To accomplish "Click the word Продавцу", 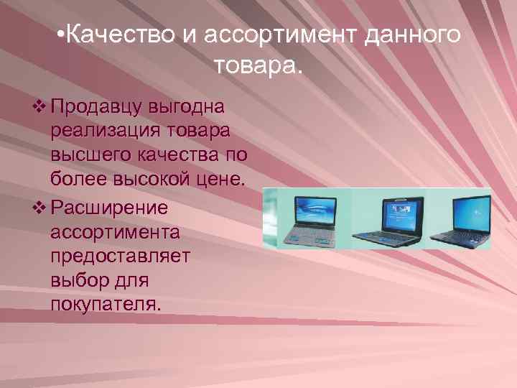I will click(x=99, y=108).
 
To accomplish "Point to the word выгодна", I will click(x=189, y=108).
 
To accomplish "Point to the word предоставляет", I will click(x=121, y=257).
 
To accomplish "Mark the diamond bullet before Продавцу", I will click(x=39, y=108).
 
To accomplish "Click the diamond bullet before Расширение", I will click(x=39, y=209).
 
